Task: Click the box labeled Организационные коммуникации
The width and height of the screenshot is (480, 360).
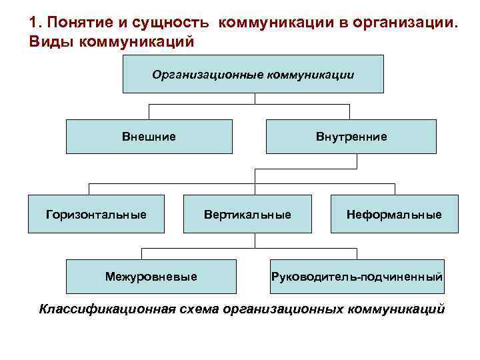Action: (253, 74)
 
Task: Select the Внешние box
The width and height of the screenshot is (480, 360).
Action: (149, 137)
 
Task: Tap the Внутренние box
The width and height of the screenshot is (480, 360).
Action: (351, 137)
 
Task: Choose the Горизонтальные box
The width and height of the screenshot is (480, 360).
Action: (96, 214)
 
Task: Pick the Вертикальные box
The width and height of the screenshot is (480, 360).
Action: (247, 214)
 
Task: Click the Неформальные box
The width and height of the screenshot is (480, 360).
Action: (394, 214)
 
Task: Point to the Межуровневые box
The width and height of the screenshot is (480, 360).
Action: (151, 276)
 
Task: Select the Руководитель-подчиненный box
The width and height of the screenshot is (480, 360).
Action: (357, 276)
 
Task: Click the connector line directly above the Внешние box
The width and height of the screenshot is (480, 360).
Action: (149, 111)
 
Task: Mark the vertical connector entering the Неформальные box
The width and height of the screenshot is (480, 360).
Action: (394, 189)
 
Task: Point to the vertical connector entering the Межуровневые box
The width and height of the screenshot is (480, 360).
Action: (141, 253)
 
